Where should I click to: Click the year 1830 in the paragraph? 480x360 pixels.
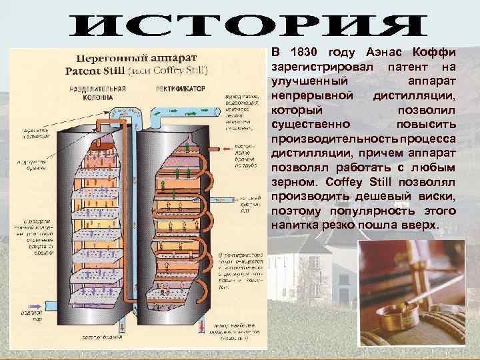pos(301,53)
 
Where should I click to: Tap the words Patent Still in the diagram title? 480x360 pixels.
pos(93,69)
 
